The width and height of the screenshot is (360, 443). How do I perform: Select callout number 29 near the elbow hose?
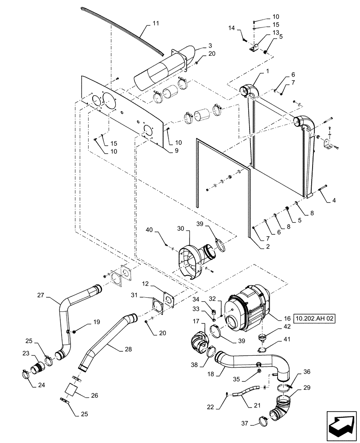[307, 388]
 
